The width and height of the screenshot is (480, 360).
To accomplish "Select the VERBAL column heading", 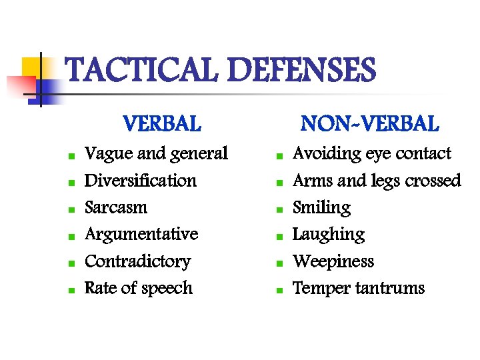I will (161, 124).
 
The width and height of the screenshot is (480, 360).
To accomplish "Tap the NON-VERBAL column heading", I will (369, 124).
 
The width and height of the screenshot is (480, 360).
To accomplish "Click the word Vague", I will (108, 154).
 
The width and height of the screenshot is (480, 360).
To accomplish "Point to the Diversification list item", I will (141, 181).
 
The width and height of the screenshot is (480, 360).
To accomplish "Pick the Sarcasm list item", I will (116, 207).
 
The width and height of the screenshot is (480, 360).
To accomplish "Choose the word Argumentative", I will (141, 235).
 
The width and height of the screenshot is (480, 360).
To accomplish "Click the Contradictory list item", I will (137, 261).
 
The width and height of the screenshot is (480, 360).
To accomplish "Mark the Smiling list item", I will (321, 207).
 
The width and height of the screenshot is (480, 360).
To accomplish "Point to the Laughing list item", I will (329, 235).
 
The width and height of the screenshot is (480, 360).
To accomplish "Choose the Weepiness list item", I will (333, 261).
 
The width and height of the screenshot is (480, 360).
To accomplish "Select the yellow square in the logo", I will (32, 67).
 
